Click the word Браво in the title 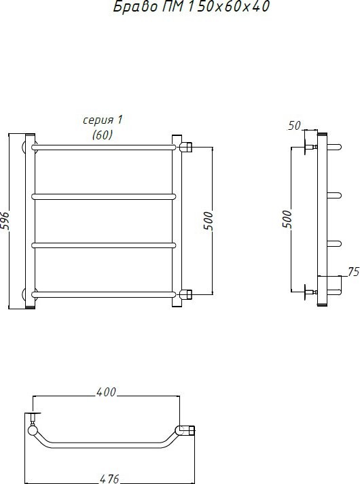127,8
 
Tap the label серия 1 103,120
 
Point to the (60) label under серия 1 103,135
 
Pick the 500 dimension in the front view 208,221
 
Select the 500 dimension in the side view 287,221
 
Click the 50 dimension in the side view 294,125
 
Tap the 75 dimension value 353,272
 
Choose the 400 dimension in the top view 107,392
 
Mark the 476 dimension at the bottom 107,477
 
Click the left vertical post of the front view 30,221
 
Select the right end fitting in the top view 186,430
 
